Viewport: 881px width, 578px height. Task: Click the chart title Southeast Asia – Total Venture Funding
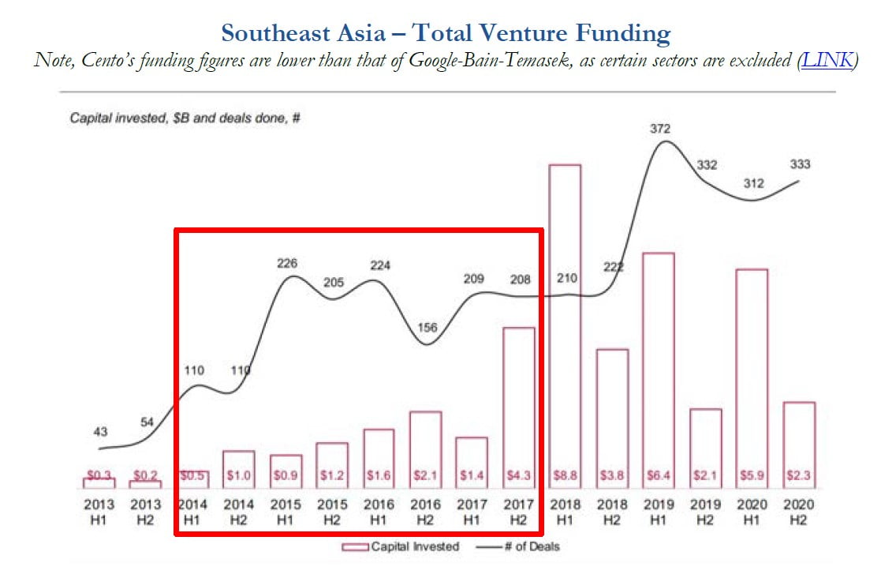[446, 33]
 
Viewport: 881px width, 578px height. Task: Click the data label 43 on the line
[100, 432]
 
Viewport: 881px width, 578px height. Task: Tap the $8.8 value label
[564, 475]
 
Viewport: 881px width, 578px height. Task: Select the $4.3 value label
[518, 475]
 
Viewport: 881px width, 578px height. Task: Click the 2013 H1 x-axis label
[99, 511]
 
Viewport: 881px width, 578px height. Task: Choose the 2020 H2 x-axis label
[799, 511]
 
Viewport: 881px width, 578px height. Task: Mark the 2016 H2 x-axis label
[425, 511]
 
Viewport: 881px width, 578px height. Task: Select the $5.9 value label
[751, 475]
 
